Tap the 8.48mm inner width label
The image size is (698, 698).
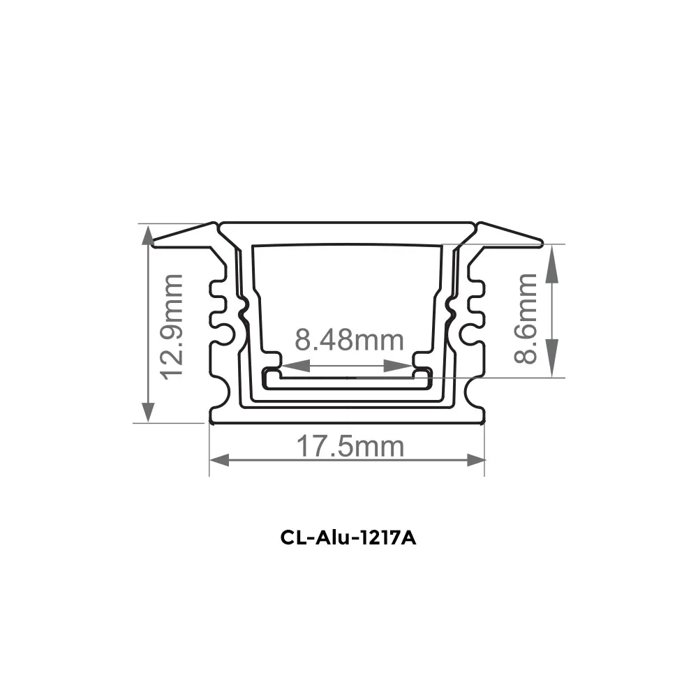pyautogui.click(x=349, y=340)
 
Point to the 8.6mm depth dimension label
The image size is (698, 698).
pyautogui.click(x=527, y=318)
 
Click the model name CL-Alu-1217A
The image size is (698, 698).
pyautogui.click(x=349, y=539)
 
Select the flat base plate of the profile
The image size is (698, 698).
pyautogui.click(x=347, y=417)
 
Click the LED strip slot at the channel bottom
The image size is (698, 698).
pyautogui.click(x=347, y=380)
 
